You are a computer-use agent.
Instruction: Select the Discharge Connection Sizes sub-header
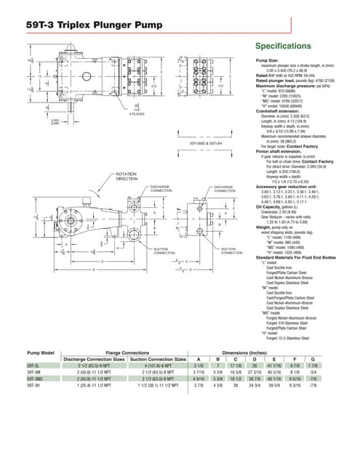(x=95, y=359)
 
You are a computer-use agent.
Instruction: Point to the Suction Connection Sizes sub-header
(x=158, y=359)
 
